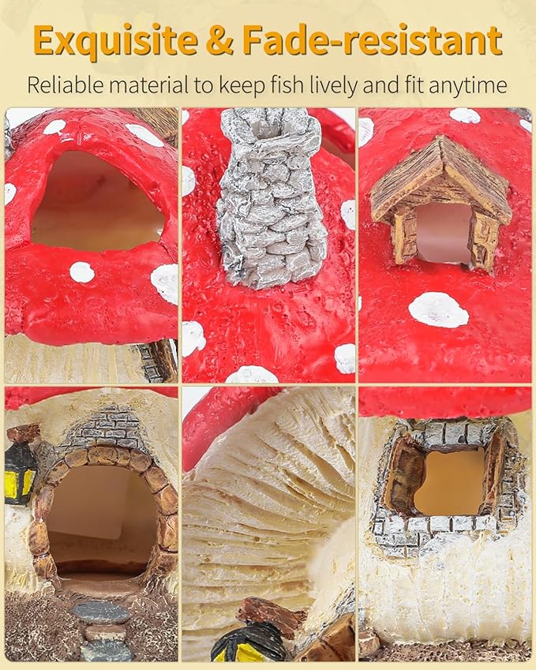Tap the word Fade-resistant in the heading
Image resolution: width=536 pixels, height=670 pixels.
(x=372, y=39)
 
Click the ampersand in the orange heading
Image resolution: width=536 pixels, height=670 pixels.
(x=219, y=40)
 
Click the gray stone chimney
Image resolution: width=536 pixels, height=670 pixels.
(x=270, y=197)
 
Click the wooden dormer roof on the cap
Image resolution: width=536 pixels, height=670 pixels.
(x=440, y=179)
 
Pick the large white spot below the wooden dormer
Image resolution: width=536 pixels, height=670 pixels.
(x=439, y=310)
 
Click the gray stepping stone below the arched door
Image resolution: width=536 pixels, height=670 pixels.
(x=100, y=614)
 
